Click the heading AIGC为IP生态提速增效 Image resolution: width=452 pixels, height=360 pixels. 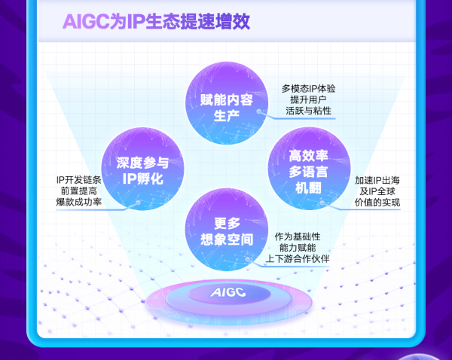pos(156,22)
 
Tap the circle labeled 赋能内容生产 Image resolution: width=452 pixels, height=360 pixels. pos(227,103)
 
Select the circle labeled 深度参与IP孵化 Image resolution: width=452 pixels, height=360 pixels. pos(142,169)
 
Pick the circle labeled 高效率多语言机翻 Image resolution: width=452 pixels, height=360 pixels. pos(310,169)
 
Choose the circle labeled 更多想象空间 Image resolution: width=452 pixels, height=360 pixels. pos(227,230)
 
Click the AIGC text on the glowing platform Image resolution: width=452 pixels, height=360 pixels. pos(228,292)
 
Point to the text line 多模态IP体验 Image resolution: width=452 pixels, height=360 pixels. pos(308,88)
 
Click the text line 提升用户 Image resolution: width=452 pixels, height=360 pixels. pos(308,99)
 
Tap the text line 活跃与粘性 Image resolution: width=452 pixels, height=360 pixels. pos(308,111)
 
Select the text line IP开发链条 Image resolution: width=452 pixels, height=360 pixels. pos(78,180)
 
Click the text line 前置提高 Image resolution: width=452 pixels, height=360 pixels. pos(78,191)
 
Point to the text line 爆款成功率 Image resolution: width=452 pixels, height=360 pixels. pos(78,202)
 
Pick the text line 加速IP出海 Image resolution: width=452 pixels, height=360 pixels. pos(377,181)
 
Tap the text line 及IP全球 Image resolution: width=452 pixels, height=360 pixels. pos(377,191)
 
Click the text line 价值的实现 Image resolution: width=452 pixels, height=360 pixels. pos(377,203)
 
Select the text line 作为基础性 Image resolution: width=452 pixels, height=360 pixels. pos(298,236)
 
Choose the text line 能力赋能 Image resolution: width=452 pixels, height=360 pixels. pos(298,248)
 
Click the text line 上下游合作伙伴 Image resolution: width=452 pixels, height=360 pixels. pos(298,258)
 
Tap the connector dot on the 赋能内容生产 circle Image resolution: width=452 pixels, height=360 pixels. pos(259,111)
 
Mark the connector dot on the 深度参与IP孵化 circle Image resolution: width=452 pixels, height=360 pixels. pos(138,203)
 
